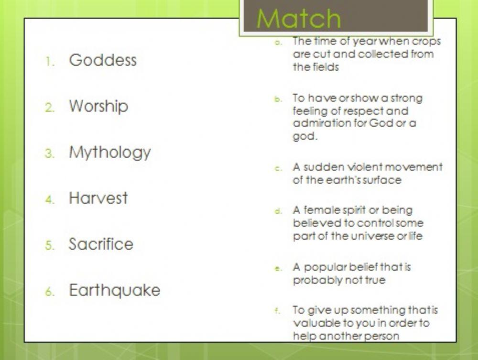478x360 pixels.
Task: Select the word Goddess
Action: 103,60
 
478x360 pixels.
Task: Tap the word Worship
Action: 98,106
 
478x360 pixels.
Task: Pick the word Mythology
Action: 110,153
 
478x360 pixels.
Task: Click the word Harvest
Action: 98,198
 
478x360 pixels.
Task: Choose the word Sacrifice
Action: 101,244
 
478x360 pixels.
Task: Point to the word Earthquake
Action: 115,290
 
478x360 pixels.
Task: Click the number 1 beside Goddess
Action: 49,62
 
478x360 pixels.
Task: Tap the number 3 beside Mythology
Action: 49,154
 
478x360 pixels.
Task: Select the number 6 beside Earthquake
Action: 49,292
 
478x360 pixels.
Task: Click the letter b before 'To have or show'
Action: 276,99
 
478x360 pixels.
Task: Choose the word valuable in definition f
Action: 314,323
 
